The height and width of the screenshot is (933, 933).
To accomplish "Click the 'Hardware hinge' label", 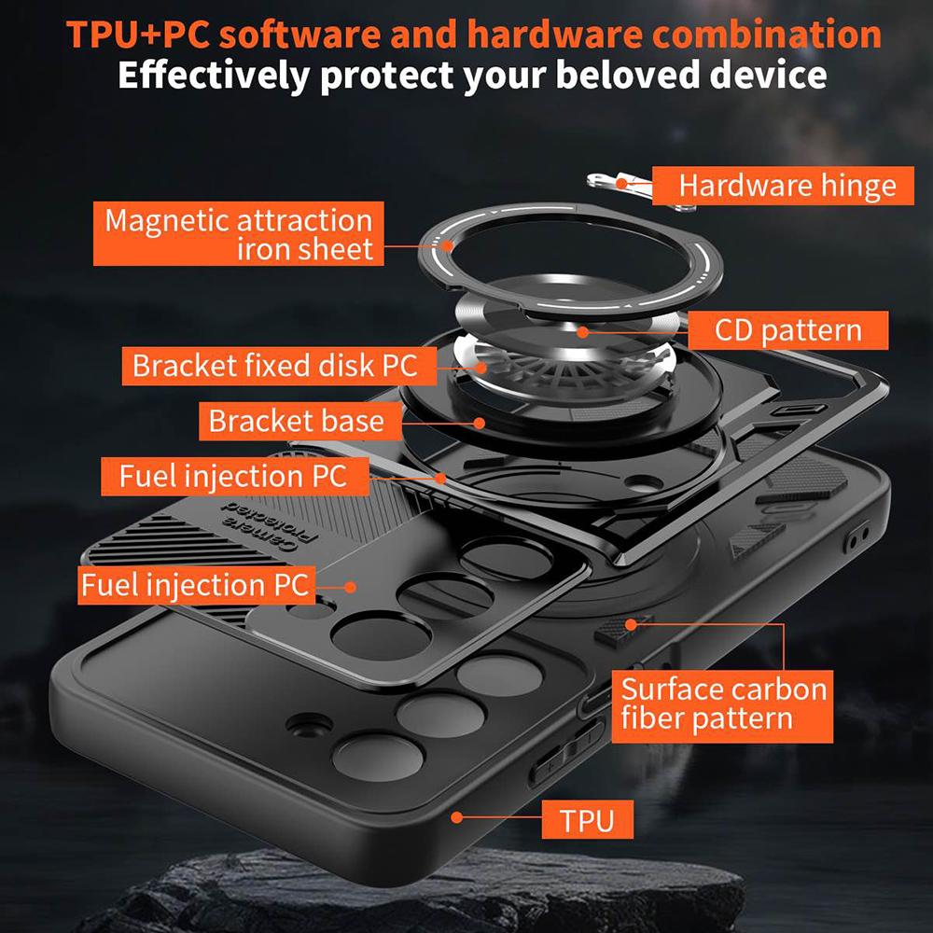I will pos(787,185).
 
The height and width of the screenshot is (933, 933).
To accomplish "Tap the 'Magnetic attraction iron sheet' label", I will pos(238,234).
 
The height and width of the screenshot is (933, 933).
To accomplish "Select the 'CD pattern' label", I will pos(787,330).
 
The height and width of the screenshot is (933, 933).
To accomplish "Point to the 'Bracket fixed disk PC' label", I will pos(273,365).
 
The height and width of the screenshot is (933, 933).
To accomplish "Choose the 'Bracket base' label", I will pos(296,421).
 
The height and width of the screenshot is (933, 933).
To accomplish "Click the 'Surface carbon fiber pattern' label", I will pos(723,703).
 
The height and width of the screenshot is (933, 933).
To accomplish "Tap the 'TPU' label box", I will pos(587,820).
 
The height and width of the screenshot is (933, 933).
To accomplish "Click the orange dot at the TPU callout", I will pos(457,817).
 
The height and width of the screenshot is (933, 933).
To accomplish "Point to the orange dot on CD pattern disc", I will pos(582,330).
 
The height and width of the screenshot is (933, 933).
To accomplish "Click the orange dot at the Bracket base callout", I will pos(480,422).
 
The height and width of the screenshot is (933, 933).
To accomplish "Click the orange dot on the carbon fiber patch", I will pos(631,622).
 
